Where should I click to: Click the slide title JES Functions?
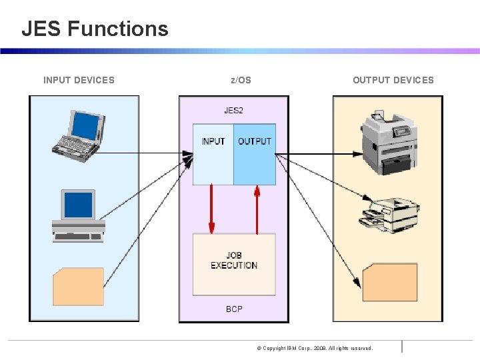(x=95, y=29)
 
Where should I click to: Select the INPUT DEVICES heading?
(x=79, y=80)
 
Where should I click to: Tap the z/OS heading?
(x=241, y=80)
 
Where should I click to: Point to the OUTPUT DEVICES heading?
(x=393, y=80)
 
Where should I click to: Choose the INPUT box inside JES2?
(x=213, y=154)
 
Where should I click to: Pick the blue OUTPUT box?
(x=255, y=154)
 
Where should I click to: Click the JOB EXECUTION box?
(x=234, y=264)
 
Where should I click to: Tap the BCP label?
(x=234, y=309)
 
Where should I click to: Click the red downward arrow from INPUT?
(x=211, y=209)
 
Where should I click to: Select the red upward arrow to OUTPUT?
(x=257, y=209)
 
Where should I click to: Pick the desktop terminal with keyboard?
(x=79, y=215)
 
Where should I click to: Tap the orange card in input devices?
(x=78, y=286)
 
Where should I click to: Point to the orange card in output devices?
(x=390, y=282)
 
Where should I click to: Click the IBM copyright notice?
(x=315, y=348)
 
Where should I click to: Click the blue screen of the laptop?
(x=85, y=124)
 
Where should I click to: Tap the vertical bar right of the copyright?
(x=402, y=346)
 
